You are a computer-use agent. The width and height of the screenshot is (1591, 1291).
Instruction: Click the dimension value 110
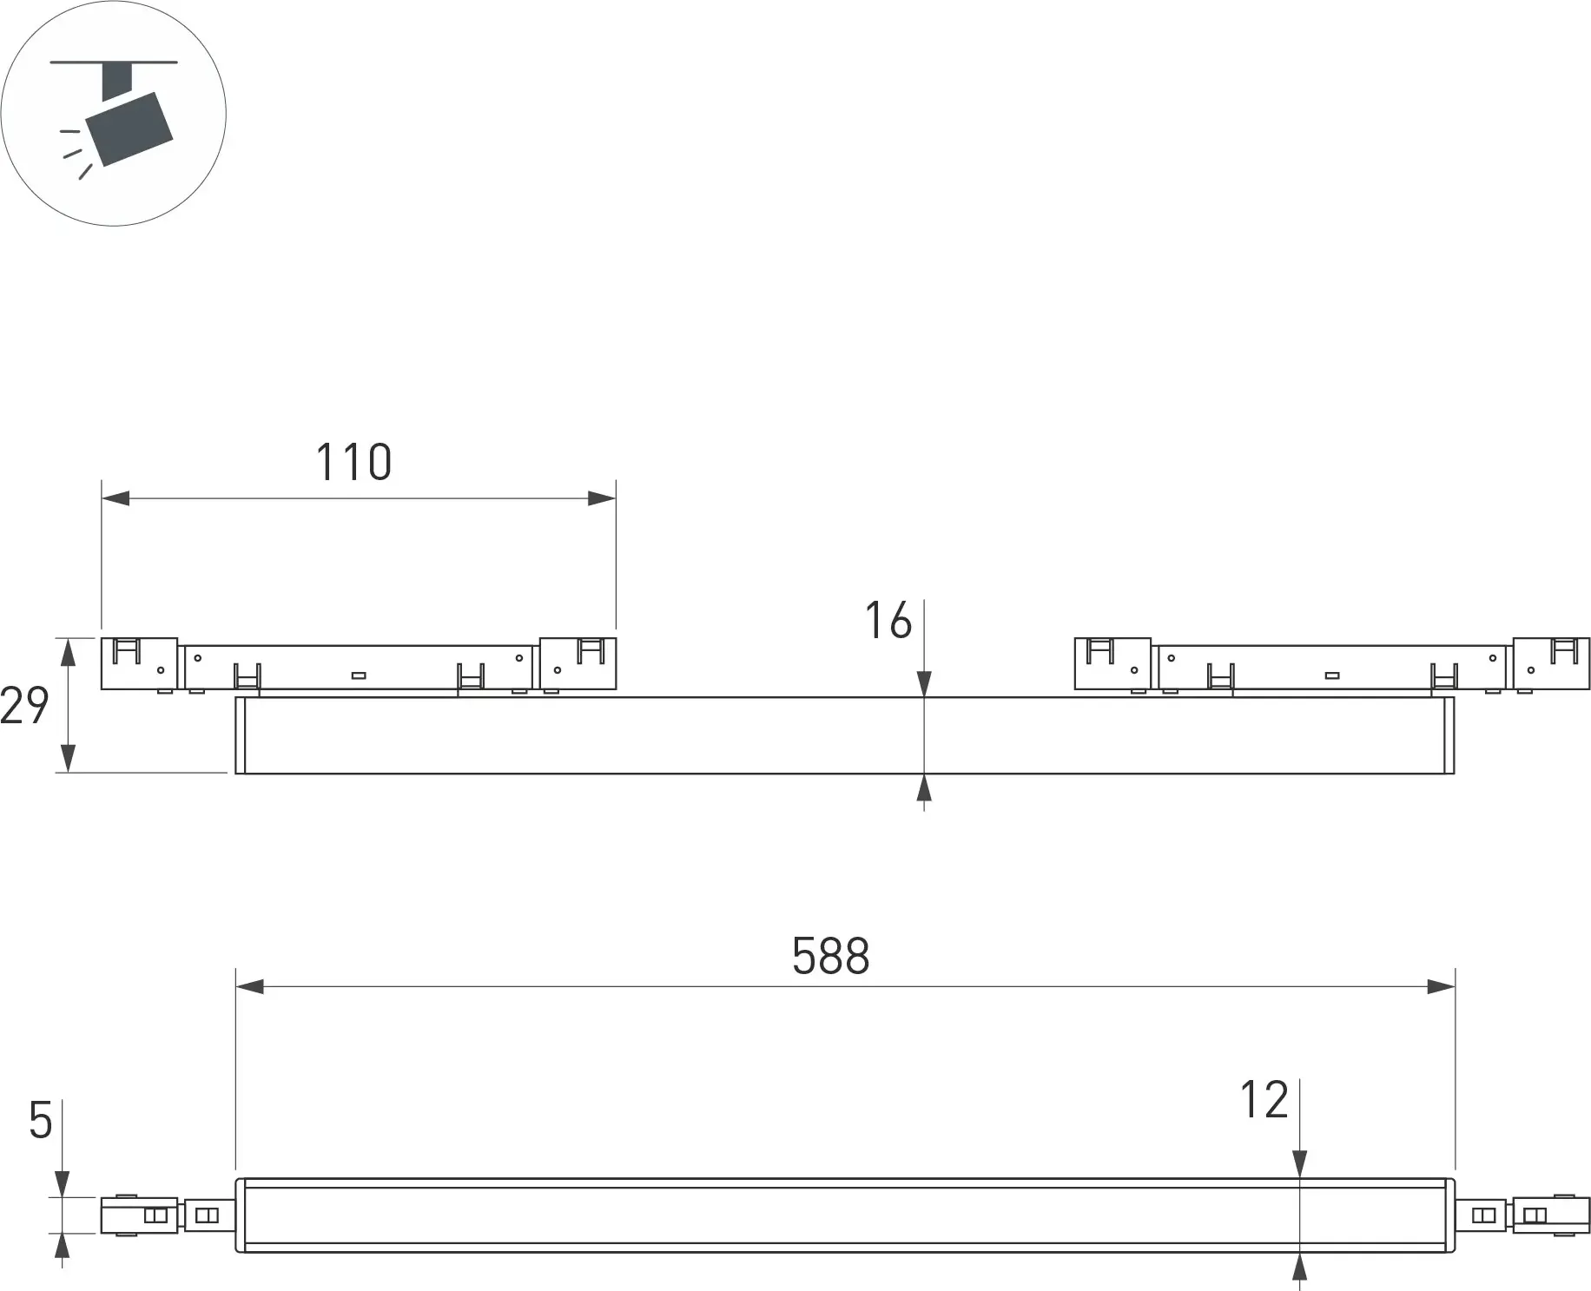click(x=353, y=462)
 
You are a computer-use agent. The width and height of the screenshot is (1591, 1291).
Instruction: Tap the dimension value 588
click(x=830, y=956)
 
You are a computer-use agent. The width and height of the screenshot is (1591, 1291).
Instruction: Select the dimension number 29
click(x=24, y=705)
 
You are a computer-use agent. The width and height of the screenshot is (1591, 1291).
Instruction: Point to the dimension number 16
click(x=888, y=621)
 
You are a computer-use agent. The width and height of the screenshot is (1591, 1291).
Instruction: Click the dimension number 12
click(x=1264, y=1100)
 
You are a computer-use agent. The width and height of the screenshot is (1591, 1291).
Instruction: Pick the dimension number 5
click(x=41, y=1121)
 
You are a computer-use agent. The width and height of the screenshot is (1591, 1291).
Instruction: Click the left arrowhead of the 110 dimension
click(x=116, y=498)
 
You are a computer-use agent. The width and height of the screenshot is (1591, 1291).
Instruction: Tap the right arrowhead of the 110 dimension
click(x=602, y=498)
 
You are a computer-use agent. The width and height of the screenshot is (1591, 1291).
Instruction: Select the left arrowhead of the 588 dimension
click(x=250, y=986)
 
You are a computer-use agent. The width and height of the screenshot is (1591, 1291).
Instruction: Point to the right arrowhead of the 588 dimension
click(x=1441, y=986)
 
